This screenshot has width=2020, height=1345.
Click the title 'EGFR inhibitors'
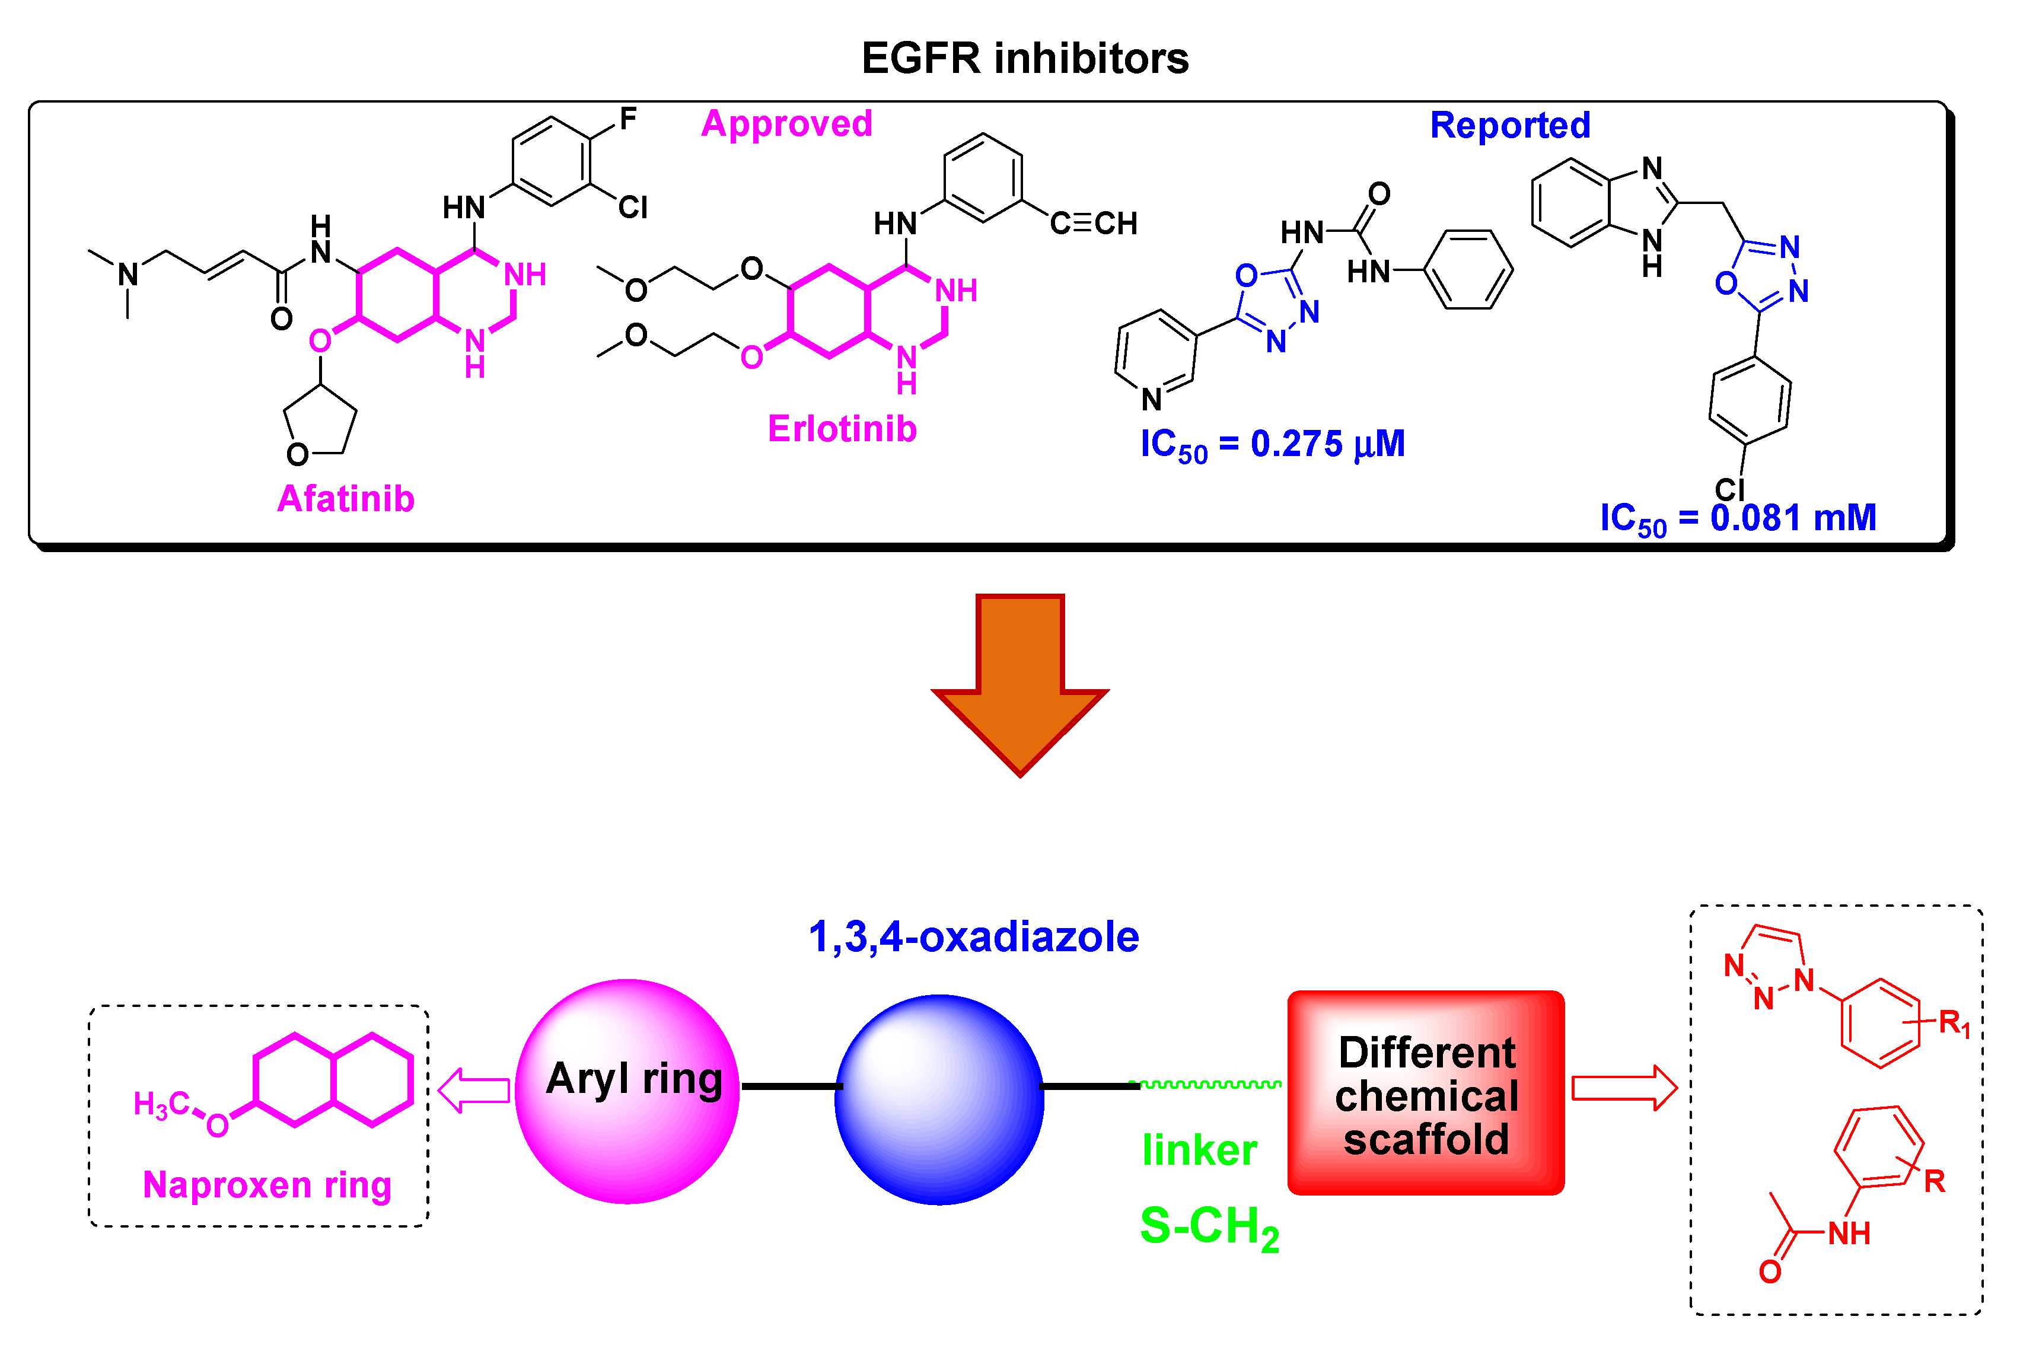(x=1024, y=58)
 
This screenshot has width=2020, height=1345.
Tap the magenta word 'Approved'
(x=786, y=123)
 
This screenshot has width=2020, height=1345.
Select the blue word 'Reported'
(x=1509, y=125)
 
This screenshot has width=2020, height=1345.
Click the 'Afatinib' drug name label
(x=346, y=498)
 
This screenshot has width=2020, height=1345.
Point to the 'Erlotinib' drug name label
(x=842, y=429)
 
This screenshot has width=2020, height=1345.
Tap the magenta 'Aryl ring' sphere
(x=627, y=1091)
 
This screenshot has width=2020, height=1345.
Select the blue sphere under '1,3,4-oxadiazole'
(x=939, y=1099)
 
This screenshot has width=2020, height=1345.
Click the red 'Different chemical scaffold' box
(x=1426, y=1093)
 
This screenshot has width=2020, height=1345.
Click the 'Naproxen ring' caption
(x=267, y=1185)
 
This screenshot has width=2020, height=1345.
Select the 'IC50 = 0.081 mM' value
(x=1738, y=519)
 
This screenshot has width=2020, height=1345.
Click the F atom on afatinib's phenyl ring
(x=628, y=119)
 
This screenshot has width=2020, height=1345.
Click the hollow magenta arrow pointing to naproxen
(x=474, y=1090)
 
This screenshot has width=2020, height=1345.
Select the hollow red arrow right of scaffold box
(x=1623, y=1088)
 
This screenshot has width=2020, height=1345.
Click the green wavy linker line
(x=1205, y=1084)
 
